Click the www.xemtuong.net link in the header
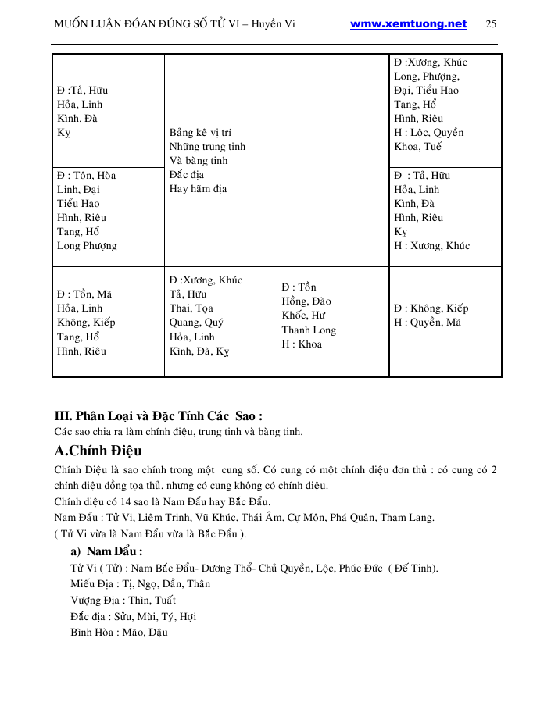click(408, 24)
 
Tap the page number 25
click(491, 24)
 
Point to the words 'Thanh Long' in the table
click(309, 330)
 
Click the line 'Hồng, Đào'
click(306, 301)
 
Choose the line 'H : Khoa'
click(302, 344)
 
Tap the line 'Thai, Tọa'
click(191, 308)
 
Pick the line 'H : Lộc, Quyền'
click(429, 133)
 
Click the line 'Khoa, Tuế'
click(418, 147)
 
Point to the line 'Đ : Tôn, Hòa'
click(87, 175)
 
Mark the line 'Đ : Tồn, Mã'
click(84, 294)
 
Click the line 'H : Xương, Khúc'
click(432, 246)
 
